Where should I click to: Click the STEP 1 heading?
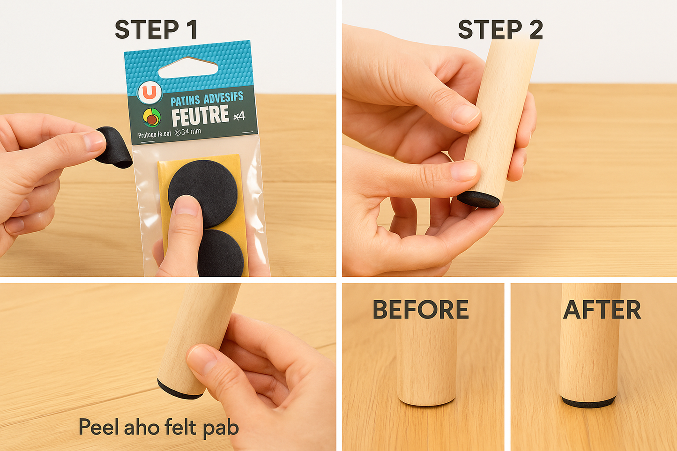156,30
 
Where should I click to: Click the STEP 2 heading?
500,30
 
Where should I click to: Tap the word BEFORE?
420,310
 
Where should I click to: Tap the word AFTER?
602,310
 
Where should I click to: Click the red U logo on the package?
149,93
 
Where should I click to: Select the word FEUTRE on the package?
200,116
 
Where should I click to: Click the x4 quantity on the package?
239,115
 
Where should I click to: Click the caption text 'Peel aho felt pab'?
158,427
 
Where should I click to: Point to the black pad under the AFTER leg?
588,402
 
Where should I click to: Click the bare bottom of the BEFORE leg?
426,400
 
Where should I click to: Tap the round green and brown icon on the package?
151,118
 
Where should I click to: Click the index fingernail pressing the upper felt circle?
187,205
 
